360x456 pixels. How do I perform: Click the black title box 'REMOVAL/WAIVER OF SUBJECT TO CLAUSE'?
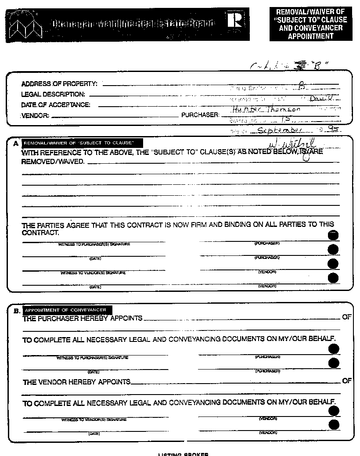pyautogui.click(x=311, y=24)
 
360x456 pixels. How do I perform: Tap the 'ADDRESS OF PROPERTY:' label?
pyautogui.click(x=59, y=84)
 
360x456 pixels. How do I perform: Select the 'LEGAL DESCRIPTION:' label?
pyautogui.click(x=53, y=94)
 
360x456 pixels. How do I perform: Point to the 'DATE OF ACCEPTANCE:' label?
pyautogui.click(x=56, y=105)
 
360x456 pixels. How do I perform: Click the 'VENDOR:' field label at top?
pyautogui.click(x=35, y=116)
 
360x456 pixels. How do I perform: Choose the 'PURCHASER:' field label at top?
pyautogui.click(x=200, y=115)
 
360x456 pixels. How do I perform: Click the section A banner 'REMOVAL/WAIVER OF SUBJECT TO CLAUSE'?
pyautogui.click(x=83, y=143)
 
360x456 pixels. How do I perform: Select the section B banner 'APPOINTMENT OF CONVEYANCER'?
pyautogui.click(x=65, y=310)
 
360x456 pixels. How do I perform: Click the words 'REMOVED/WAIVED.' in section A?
pyautogui.click(x=54, y=162)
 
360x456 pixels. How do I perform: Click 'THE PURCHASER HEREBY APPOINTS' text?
pyautogui.click(x=83, y=318)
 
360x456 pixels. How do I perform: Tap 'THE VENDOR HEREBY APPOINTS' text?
pyautogui.click(x=77, y=382)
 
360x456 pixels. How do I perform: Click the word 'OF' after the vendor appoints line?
pyautogui.click(x=347, y=381)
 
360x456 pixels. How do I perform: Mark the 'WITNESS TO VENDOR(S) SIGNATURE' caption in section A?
pyautogui.click(x=93, y=273)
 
